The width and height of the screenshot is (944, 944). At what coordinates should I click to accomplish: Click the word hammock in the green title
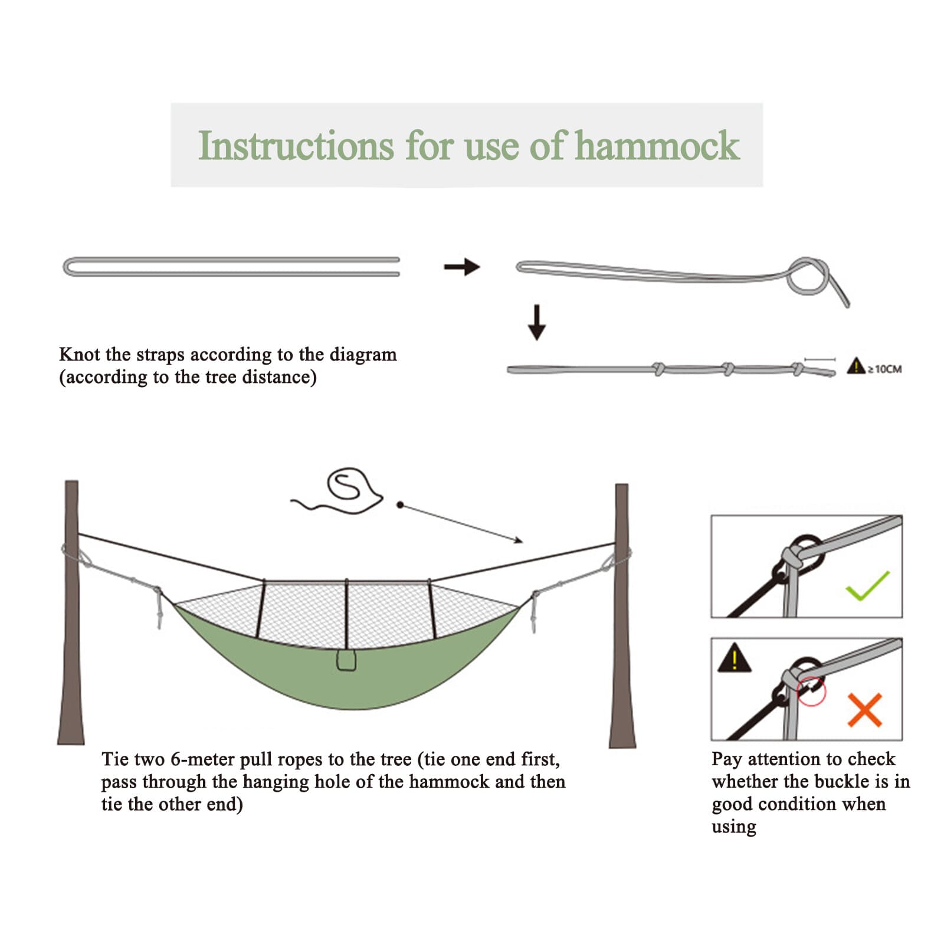tap(657, 146)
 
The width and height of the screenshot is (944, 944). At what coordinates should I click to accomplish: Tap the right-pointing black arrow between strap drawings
tap(462, 267)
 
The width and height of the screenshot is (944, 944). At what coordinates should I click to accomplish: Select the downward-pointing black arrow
tap(536, 322)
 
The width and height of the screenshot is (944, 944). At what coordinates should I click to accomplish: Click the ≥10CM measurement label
tap(884, 369)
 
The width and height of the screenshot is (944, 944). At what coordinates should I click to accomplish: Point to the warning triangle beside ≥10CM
tap(855, 366)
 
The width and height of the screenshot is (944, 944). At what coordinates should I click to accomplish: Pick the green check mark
tap(867, 585)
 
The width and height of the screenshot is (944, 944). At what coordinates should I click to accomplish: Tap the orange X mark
tap(865, 709)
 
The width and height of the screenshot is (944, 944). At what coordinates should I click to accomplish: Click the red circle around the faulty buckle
tap(811, 691)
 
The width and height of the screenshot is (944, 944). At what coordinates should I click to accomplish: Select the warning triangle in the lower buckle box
tap(734, 658)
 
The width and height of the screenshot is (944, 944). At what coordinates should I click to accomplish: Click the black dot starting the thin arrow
tap(400, 505)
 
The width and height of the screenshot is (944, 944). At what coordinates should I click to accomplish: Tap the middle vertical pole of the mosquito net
tap(347, 614)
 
